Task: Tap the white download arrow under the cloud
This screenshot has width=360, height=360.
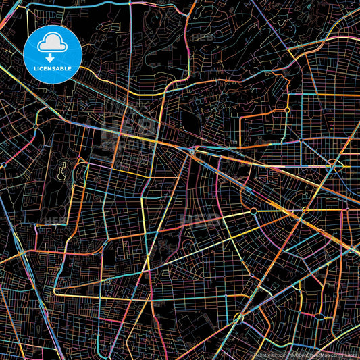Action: tap(51, 58)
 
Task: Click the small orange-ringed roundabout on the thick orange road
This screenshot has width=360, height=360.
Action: tap(288, 109)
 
